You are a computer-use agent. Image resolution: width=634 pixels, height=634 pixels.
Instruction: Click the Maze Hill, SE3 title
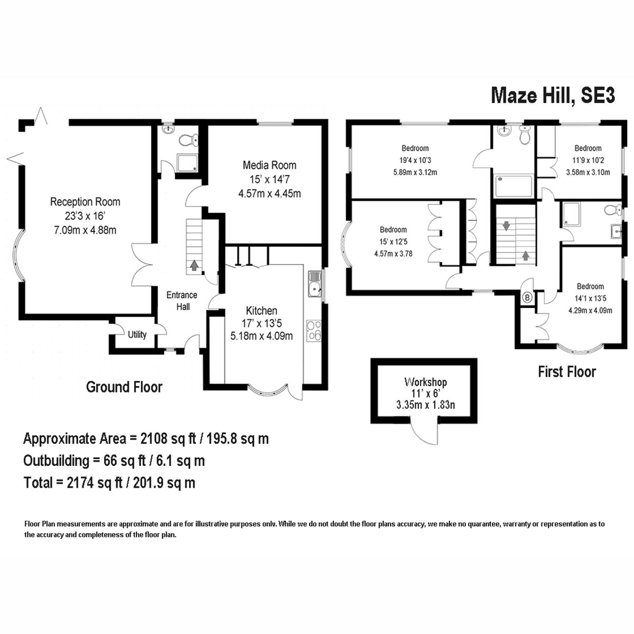tap(553, 96)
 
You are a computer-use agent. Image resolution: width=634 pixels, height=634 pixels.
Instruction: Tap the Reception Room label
tap(85, 202)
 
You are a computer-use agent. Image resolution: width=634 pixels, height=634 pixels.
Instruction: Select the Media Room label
tap(269, 165)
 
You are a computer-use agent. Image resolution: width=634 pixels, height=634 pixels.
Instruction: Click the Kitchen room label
tap(262, 311)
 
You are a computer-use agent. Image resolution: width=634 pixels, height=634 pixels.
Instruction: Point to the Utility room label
tap(137, 334)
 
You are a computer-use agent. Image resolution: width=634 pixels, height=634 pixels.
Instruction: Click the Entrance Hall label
tap(182, 301)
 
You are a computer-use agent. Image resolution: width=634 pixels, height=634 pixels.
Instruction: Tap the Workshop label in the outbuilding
tap(425, 382)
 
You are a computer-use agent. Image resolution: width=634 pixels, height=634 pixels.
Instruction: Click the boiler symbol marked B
tap(526, 298)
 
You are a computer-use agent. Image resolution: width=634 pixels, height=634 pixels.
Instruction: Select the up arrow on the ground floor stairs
tap(194, 265)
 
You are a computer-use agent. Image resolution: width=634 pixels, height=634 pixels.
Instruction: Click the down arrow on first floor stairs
tap(506, 226)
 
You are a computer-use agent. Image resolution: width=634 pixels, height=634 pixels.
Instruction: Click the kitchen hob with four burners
tap(314, 330)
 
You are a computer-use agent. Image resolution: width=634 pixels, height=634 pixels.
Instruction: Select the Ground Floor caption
tap(124, 387)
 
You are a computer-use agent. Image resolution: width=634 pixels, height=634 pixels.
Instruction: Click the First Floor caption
tap(567, 372)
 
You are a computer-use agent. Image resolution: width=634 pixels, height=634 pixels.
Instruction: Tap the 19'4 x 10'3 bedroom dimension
tap(415, 160)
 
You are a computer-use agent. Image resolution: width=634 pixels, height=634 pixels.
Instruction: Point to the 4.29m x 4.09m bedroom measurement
tap(590, 311)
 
